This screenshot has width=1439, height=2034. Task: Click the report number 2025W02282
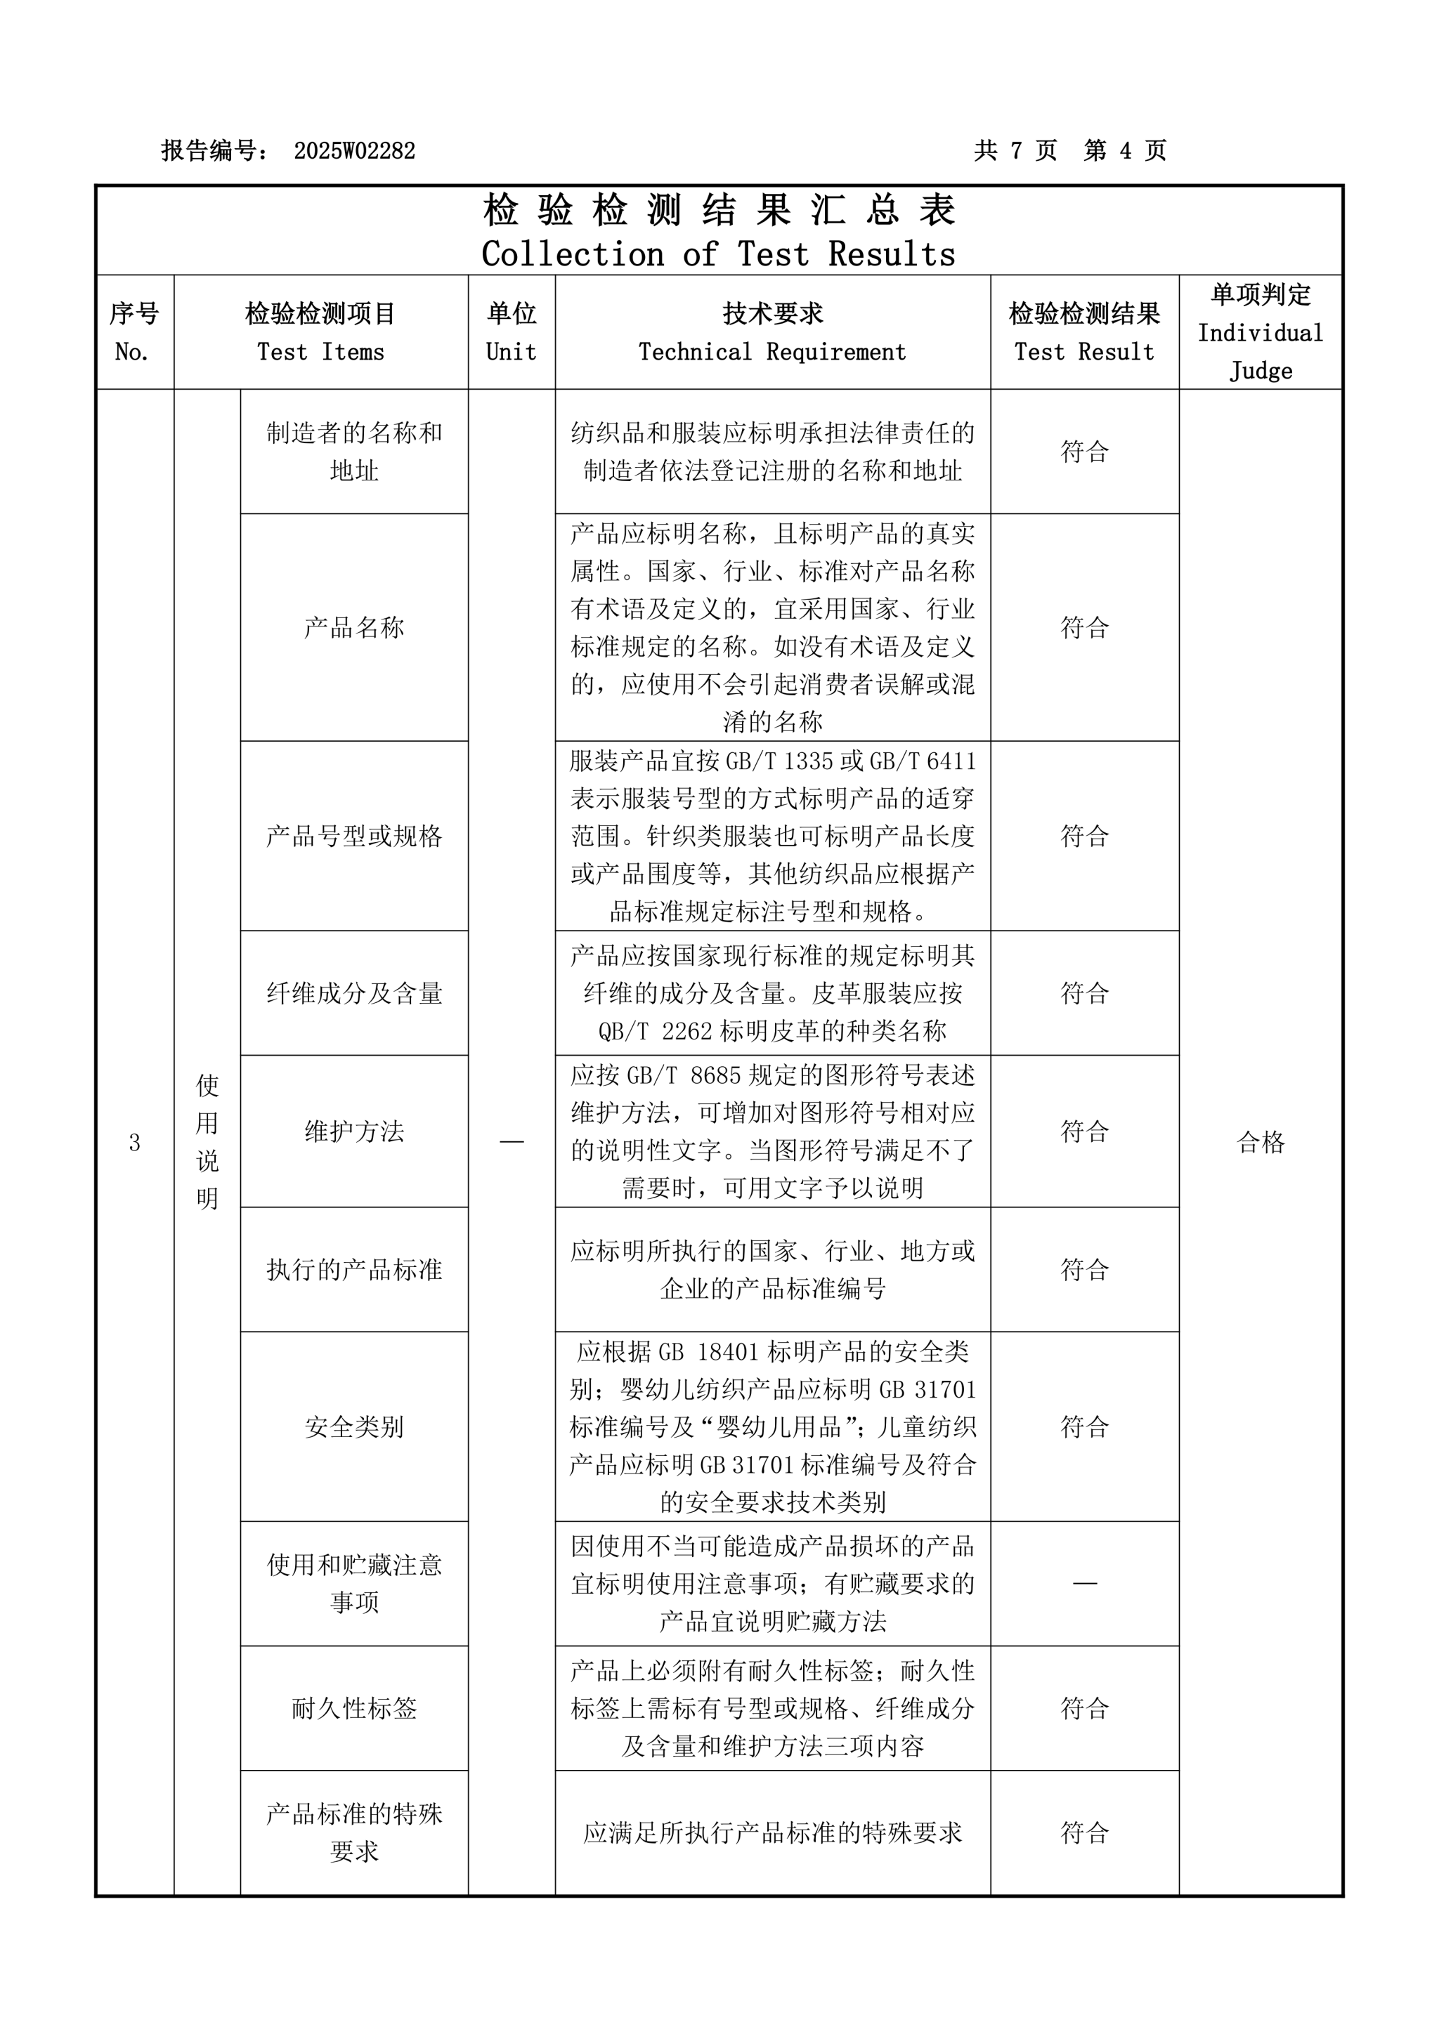354,150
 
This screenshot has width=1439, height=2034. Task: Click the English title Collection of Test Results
719,254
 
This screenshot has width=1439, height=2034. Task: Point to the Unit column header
512,332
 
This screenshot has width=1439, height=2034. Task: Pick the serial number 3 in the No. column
135,1143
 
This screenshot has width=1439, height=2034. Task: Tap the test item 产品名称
353,628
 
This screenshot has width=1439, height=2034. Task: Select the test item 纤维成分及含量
353,994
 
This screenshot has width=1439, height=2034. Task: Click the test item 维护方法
353,1131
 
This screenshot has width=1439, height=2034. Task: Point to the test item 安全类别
353,1427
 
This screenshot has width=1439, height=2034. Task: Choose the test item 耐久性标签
353,1708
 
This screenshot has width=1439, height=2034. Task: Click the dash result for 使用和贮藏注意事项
1085,1583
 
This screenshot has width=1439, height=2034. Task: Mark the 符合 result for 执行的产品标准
1085,1269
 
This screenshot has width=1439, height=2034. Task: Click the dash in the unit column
512,1142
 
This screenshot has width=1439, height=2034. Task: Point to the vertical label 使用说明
207,1142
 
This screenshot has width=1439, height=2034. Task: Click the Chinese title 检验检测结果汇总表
719,211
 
